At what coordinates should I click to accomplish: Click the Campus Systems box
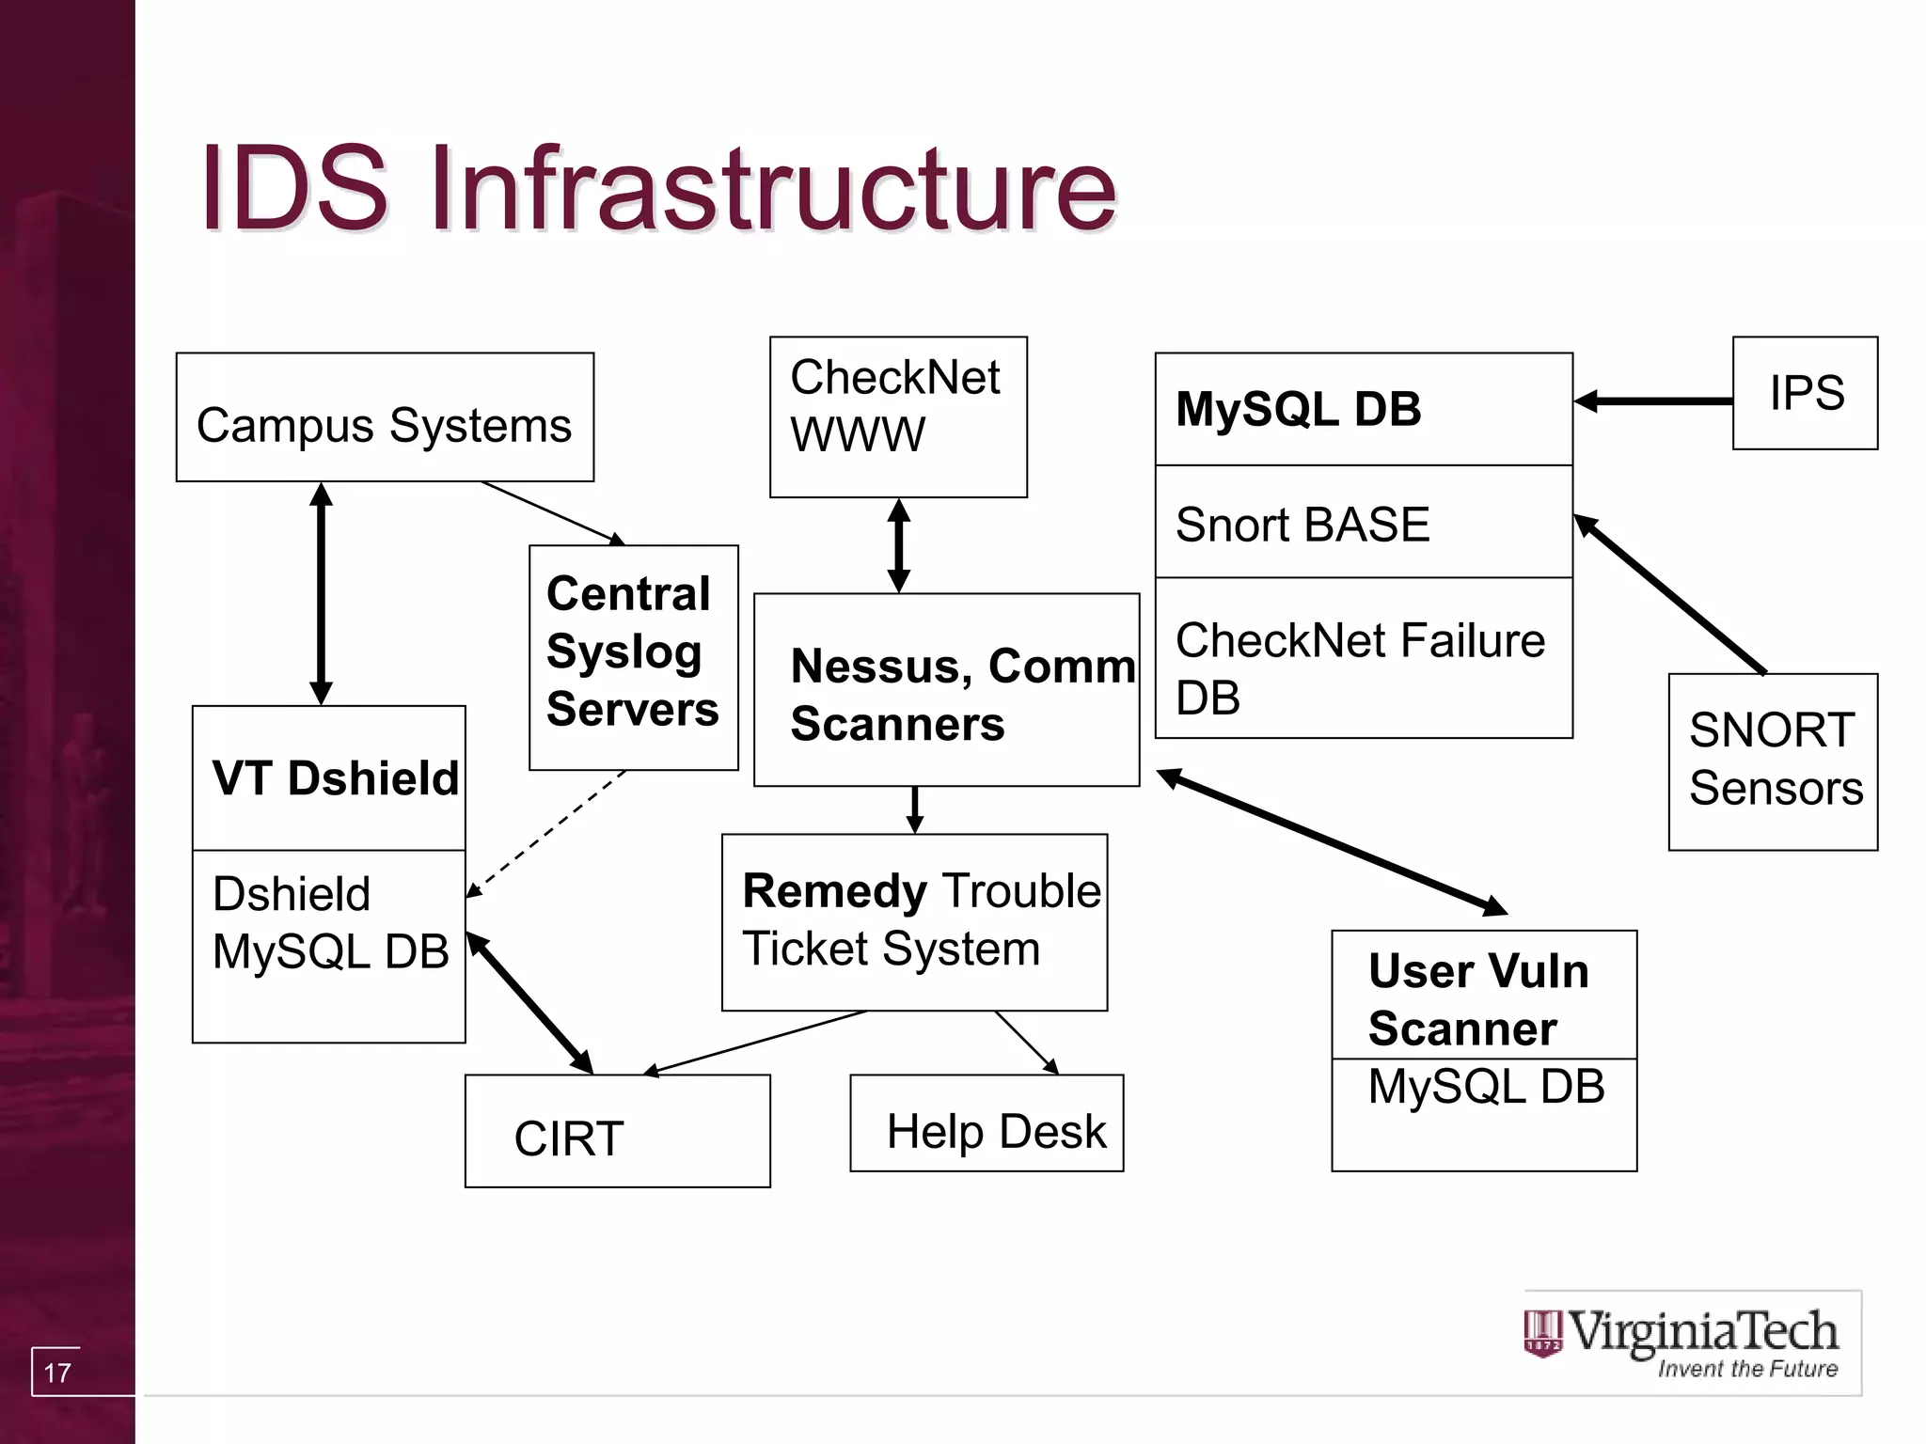point(385,417)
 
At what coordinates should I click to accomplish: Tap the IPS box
point(1805,393)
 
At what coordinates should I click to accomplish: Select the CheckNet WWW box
point(898,416)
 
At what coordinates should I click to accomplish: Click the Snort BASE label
point(1302,524)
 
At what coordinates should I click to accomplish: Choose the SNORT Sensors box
point(1773,761)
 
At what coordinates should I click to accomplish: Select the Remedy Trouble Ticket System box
point(914,921)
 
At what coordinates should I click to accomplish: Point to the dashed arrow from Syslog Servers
point(545,835)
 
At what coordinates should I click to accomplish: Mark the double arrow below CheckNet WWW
point(899,545)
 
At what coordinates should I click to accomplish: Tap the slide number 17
point(57,1373)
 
